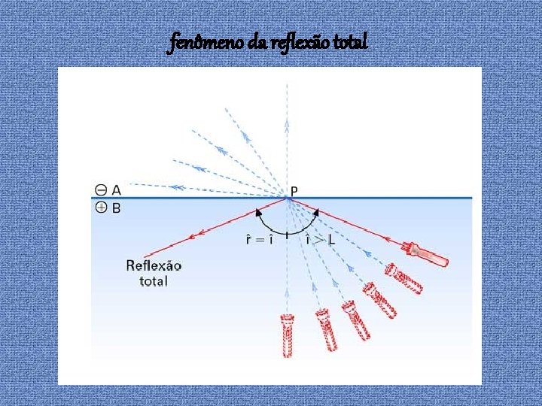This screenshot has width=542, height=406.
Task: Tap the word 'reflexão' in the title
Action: (x=303, y=44)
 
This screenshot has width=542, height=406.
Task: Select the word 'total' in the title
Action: (x=351, y=44)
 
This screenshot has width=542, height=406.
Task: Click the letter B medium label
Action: (x=117, y=207)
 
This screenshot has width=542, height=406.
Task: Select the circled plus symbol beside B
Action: (x=101, y=207)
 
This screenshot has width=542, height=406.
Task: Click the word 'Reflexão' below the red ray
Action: (x=154, y=266)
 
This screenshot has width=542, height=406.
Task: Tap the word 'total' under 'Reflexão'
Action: (x=154, y=281)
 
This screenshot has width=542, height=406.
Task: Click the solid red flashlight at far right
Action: (x=427, y=253)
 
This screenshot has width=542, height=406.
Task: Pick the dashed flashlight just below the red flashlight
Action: (x=404, y=278)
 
